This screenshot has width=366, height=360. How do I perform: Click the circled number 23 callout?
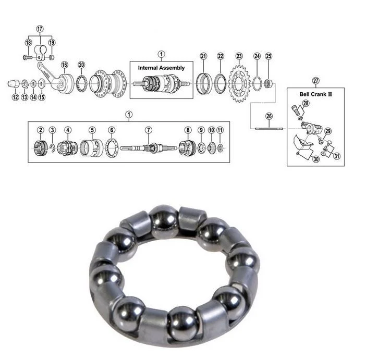[239, 56]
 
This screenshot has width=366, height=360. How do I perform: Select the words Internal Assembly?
[161, 68]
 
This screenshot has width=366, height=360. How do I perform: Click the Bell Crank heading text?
[313, 94]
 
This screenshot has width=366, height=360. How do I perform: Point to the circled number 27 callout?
[315, 80]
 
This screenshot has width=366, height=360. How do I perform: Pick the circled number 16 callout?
[65, 65]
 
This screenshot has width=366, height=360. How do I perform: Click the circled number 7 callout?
[148, 130]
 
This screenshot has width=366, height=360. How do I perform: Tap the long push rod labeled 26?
[269, 127]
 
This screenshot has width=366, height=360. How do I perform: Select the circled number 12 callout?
[15, 97]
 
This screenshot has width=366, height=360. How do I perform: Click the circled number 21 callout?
[203, 56]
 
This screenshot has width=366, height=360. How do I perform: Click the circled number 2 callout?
[40, 130]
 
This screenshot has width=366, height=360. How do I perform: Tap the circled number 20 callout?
[81, 65]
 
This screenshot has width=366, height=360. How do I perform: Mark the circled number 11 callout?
[220, 130]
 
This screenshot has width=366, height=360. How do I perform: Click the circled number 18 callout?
[28, 42]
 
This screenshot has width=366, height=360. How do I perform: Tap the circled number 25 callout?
[269, 56]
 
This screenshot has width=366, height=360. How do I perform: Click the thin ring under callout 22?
[221, 82]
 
